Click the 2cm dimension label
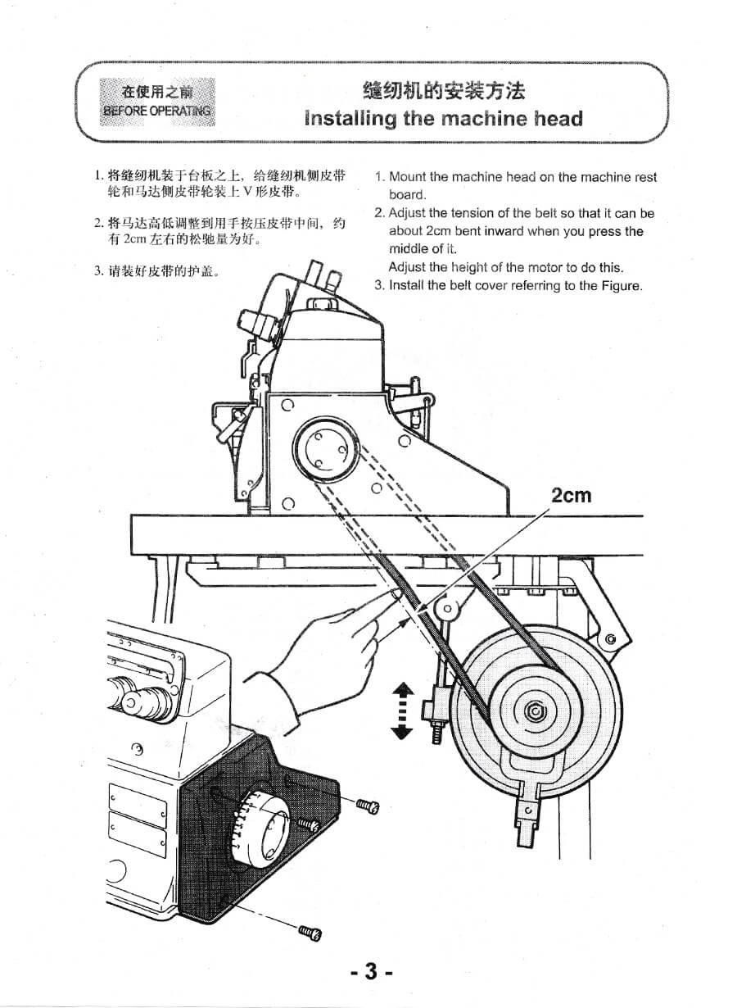click(571, 495)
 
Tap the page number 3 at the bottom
click(371, 972)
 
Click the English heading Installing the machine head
click(443, 119)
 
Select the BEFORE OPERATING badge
click(156, 102)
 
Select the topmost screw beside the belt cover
click(368, 806)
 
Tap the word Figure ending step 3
click(622, 285)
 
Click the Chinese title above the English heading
click(443, 90)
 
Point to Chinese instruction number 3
click(159, 271)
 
